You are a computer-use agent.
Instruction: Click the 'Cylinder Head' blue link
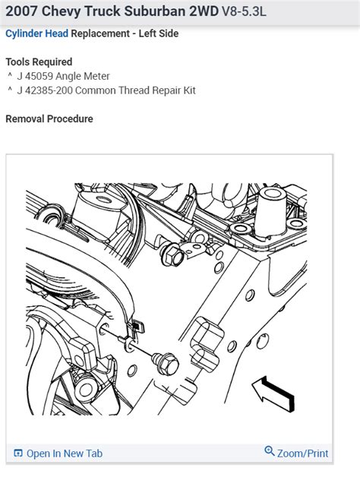click(x=37, y=34)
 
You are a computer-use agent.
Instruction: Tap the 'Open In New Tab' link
click(x=64, y=453)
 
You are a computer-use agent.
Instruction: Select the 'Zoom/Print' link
click(x=302, y=453)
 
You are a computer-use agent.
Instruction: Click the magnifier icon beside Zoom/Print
click(x=269, y=452)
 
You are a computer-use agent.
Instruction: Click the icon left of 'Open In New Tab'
click(x=19, y=453)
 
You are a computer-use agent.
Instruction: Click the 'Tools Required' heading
click(x=39, y=62)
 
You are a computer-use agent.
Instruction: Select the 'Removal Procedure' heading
click(x=49, y=118)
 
